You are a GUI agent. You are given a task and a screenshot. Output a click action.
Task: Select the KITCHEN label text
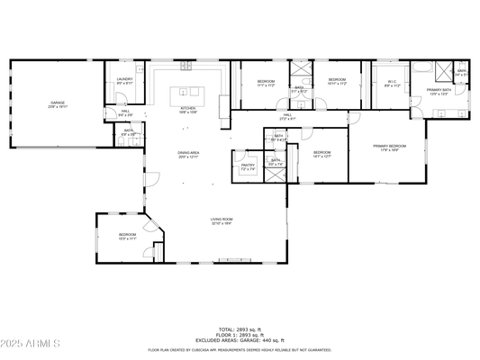(x=188, y=109)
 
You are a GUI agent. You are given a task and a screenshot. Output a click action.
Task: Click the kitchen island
(x=188, y=91)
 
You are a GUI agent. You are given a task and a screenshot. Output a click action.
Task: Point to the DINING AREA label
(x=188, y=155)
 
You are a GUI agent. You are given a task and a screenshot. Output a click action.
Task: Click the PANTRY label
(x=248, y=166)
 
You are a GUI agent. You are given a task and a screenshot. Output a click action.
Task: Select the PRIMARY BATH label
(x=439, y=92)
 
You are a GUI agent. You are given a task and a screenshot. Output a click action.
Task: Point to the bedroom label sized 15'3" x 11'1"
(x=127, y=237)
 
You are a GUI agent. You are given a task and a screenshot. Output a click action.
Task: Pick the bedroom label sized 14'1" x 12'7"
(x=322, y=154)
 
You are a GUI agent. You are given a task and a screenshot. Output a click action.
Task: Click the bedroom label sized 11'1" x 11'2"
(x=266, y=83)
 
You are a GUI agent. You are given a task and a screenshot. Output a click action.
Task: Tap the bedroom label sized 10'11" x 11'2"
(x=337, y=81)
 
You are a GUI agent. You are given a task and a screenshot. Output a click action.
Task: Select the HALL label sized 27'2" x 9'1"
(x=287, y=116)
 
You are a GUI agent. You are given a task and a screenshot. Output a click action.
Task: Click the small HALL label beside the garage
(x=125, y=113)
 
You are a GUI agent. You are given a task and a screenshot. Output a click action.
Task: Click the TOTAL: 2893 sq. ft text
(x=240, y=329)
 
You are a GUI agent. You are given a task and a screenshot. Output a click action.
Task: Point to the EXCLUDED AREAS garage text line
(x=240, y=339)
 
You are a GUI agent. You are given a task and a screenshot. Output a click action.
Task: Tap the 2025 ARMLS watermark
(x=32, y=343)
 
